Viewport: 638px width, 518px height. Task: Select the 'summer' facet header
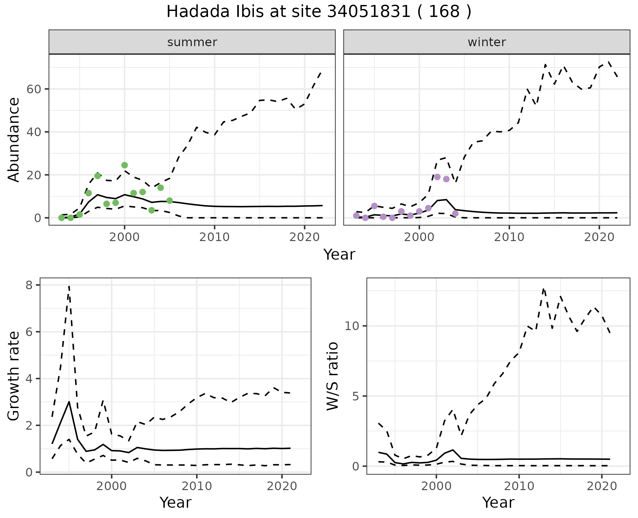[x=192, y=42]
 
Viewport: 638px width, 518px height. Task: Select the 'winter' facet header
[x=486, y=42]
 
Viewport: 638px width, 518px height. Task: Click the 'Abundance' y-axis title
[x=14, y=139]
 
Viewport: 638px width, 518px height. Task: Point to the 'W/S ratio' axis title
[x=332, y=376]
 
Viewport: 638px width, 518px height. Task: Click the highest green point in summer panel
[x=125, y=165]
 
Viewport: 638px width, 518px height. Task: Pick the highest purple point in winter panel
[x=437, y=177]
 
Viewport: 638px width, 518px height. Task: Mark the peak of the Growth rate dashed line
[x=69, y=286]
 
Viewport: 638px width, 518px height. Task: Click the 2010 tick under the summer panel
[x=214, y=237]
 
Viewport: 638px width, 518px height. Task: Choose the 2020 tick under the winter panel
[x=599, y=237]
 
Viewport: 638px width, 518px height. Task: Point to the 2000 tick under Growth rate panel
[x=112, y=486]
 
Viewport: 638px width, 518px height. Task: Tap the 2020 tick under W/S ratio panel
[x=602, y=486]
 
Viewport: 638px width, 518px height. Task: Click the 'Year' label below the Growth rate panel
[x=175, y=502]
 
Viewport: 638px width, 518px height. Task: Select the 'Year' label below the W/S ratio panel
[x=498, y=502]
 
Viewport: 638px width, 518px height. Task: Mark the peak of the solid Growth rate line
[x=69, y=402]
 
